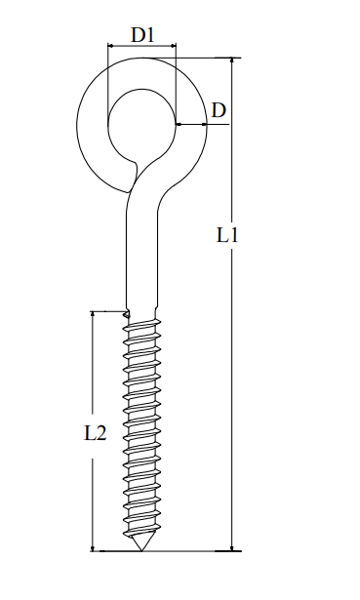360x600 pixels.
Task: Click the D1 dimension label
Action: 142,34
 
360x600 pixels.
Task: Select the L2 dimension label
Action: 95,432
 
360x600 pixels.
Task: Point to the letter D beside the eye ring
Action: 219,109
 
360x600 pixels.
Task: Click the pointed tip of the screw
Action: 140,549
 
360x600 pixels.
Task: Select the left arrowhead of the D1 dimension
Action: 110,46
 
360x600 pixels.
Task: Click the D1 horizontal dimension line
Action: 141,46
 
